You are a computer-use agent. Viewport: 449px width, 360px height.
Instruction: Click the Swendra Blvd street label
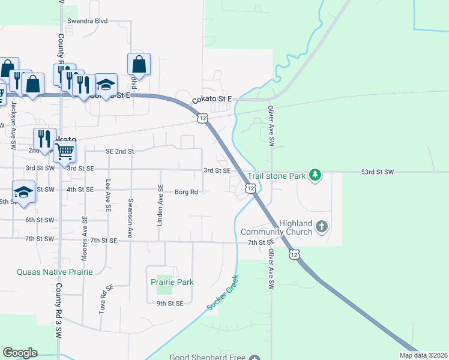[88, 21]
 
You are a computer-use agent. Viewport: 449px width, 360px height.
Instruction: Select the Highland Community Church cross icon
[322, 227]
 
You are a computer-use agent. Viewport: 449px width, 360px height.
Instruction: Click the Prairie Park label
[172, 282]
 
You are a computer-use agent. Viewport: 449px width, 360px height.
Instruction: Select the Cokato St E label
[211, 100]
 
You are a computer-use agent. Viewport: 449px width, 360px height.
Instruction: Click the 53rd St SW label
[377, 172]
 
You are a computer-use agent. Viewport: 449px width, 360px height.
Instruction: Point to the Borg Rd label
[186, 192]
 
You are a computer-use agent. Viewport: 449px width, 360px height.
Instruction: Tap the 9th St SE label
[170, 304]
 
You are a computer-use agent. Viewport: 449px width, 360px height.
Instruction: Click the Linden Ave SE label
[160, 205]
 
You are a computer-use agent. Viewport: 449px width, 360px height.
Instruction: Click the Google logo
[20, 353]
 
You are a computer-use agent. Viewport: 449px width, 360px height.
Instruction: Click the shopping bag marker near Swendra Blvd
[139, 64]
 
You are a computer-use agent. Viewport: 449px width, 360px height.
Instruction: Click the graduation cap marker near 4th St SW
[23, 192]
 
